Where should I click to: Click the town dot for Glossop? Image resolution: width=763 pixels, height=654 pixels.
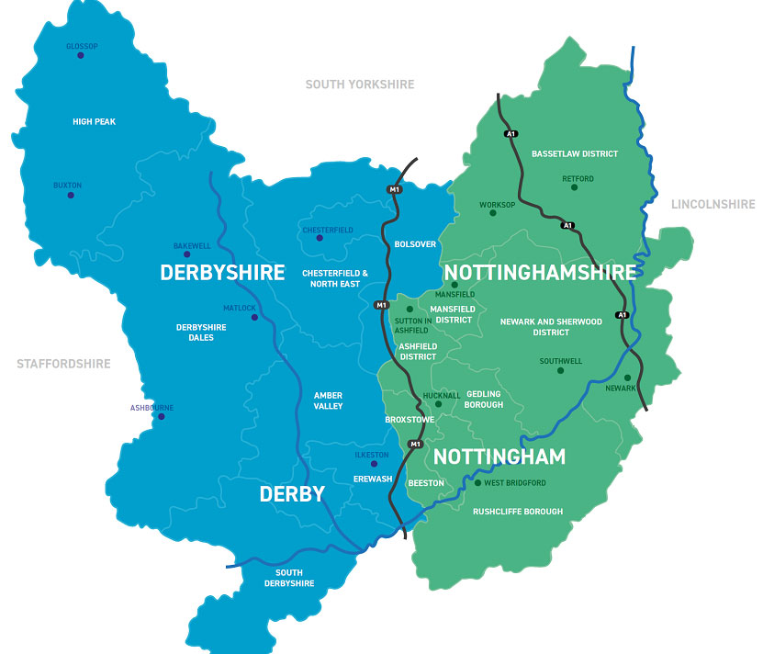coord(80,55)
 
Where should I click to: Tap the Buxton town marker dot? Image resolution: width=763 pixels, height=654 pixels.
coord(70,195)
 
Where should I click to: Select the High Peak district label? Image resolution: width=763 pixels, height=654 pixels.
coord(94,121)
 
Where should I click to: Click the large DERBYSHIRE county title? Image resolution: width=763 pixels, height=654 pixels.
coord(222,273)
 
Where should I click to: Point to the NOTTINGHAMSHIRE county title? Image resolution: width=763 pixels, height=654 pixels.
coord(539,273)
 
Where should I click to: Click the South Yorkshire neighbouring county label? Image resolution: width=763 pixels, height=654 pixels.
coord(359,85)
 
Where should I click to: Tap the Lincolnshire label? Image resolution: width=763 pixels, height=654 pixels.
coord(713,204)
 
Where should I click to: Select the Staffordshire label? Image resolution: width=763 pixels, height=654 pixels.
coord(63,364)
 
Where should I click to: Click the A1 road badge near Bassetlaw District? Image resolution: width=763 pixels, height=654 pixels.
coord(511,134)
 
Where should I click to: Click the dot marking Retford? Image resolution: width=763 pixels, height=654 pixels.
coord(575,187)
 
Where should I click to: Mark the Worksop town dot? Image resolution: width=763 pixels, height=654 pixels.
coord(492,213)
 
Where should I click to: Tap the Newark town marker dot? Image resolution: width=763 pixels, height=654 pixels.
coord(627,378)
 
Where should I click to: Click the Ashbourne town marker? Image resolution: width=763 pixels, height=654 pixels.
coord(162,417)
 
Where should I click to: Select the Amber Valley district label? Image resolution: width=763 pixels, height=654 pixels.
coord(328,400)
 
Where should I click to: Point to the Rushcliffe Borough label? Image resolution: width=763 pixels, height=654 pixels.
coord(517,512)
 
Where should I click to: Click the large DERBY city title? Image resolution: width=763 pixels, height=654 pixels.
coord(292,494)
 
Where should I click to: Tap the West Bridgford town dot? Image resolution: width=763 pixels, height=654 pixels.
coord(477,483)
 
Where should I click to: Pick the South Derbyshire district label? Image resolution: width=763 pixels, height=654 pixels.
coord(289,579)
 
